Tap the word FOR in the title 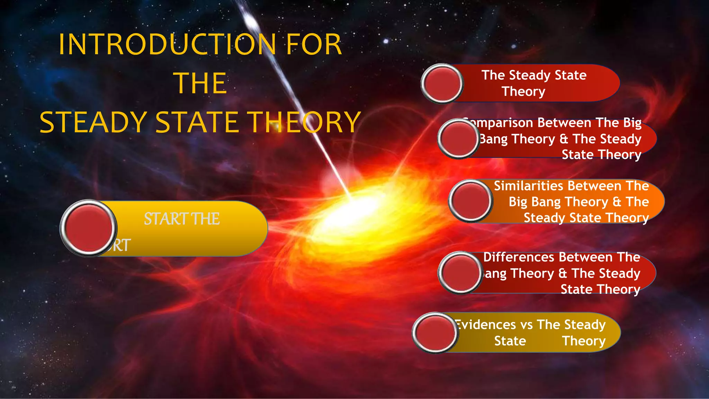pyautogui.click(x=314, y=44)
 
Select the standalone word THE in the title pyautogui.click(x=201, y=83)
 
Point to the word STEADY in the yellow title pyautogui.click(x=93, y=122)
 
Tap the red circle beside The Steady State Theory pyautogui.click(x=442, y=83)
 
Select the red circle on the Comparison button pyautogui.click(x=458, y=139)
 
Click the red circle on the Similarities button pyautogui.click(x=470, y=201)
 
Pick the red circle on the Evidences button pyautogui.click(x=435, y=332)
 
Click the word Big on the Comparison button pyautogui.click(x=632, y=123)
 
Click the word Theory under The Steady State pyautogui.click(x=523, y=91)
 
